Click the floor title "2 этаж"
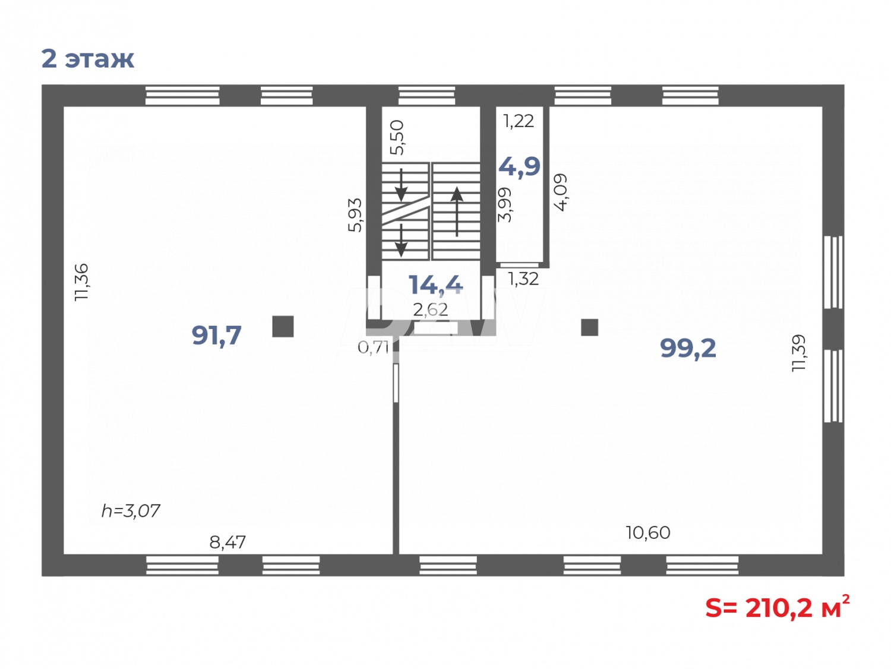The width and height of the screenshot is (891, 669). pyautogui.click(x=88, y=59)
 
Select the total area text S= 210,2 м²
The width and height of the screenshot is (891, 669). pyautogui.click(x=777, y=607)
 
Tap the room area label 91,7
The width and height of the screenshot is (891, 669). pyautogui.click(x=216, y=336)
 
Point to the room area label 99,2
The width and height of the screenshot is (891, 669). pyautogui.click(x=688, y=348)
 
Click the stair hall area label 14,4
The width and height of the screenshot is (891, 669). pyautogui.click(x=435, y=285)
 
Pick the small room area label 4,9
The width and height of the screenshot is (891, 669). pyautogui.click(x=519, y=166)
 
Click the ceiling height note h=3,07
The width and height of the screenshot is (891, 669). pyautogui.click(x=131, y=511)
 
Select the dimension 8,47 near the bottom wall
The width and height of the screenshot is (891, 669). pyautogui.click(x=228, y=542)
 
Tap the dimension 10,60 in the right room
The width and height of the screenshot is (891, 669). pyautogui.click(x=647, y=532)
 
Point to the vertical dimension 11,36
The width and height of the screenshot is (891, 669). pyautogui.click(x=81, y=282)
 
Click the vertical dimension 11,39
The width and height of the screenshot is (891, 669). pyautogui.click(x=799, y=354)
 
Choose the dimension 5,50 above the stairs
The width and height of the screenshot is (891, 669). pyautogui.click(x=397, y=137)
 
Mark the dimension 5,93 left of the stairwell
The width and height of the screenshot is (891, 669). pyautogui.click(x=355, y=214)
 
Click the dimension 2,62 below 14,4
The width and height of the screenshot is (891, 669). pyautogui.click(x=431, y=310)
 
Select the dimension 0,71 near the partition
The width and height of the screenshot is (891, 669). pyautogui.click(x=373, y=347)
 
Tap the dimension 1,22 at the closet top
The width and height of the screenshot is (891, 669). pyautogui.click(x=519, y=121)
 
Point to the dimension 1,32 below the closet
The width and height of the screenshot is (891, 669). pyautogui.click(x=523, y=279)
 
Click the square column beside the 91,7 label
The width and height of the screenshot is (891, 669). pyautogui.click(x=283, y=326)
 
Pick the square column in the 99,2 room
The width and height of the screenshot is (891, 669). pyautogui.click(x=589, y=327)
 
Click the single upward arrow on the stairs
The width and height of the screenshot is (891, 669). pyautogui.click(x=457, y=211)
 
